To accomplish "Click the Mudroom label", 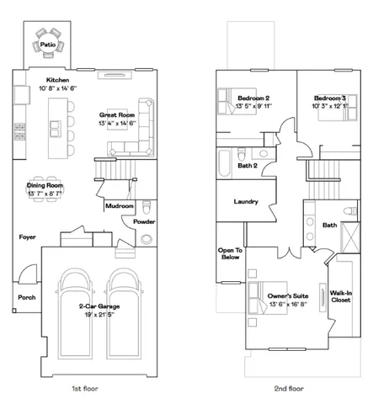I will (118, 205).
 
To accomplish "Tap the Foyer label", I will (28, 237).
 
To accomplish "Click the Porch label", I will (27, 298).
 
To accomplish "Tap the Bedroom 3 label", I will (330, 97).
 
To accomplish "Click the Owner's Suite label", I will (287, 295).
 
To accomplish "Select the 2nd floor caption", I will (288, 391).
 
